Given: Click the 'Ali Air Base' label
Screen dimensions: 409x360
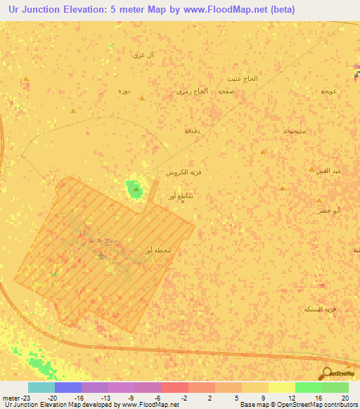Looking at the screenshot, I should tap(103, 241).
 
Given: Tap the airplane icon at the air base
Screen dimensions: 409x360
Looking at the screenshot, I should tap(103, 254).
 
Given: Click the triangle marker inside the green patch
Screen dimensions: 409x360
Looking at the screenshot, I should tap(136, 188).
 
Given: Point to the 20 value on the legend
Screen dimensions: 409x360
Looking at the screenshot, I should tap(345, 396).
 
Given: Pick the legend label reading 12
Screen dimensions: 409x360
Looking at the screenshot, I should tap(292, 396).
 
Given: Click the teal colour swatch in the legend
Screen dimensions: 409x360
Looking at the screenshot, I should tap(41, 387).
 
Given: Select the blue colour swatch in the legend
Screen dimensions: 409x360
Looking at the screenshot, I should tap(67, 387).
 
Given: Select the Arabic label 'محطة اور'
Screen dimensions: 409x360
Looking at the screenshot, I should tap(157, 251).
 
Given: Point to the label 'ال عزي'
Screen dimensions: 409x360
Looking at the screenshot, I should tap(144, 54).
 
